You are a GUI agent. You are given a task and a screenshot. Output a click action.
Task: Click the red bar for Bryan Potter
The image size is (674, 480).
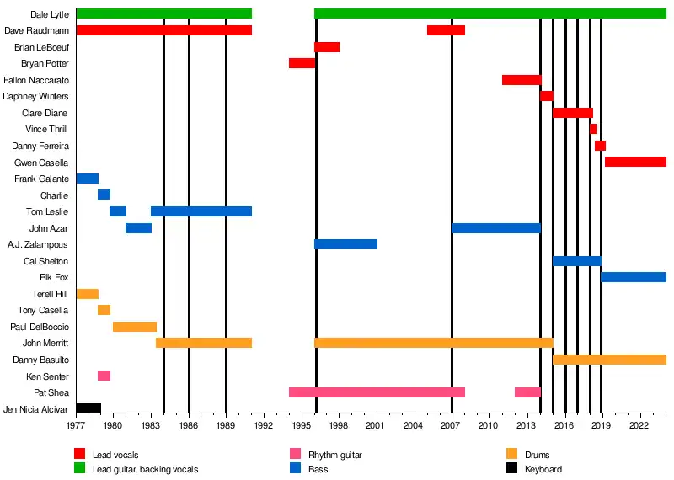302,63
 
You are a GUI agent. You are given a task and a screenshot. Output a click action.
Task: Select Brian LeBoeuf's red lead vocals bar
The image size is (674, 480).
327,47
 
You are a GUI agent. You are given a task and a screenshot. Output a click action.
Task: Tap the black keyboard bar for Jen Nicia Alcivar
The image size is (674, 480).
88,408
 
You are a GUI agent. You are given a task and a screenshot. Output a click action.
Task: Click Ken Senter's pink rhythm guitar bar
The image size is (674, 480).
104,376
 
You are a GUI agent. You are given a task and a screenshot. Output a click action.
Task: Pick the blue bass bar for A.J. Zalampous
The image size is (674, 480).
345,244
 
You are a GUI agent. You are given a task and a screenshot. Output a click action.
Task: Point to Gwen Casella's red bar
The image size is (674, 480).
635,162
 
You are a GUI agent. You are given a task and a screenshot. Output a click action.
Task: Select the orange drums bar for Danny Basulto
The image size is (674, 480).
609,360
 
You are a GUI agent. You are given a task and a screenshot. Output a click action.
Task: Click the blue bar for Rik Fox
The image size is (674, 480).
634,277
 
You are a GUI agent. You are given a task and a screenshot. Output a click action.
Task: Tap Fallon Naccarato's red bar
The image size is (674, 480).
521,80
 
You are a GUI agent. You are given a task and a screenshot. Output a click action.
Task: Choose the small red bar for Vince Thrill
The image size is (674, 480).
593,129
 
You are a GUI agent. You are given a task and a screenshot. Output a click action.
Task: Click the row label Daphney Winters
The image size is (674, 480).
35,96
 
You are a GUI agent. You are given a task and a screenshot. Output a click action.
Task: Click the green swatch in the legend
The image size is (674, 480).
80,469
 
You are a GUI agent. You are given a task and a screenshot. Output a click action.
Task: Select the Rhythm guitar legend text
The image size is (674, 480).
335,456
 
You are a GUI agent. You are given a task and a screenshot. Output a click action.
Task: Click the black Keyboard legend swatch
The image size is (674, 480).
510,469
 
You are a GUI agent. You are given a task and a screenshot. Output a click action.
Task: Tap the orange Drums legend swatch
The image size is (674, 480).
510,456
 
